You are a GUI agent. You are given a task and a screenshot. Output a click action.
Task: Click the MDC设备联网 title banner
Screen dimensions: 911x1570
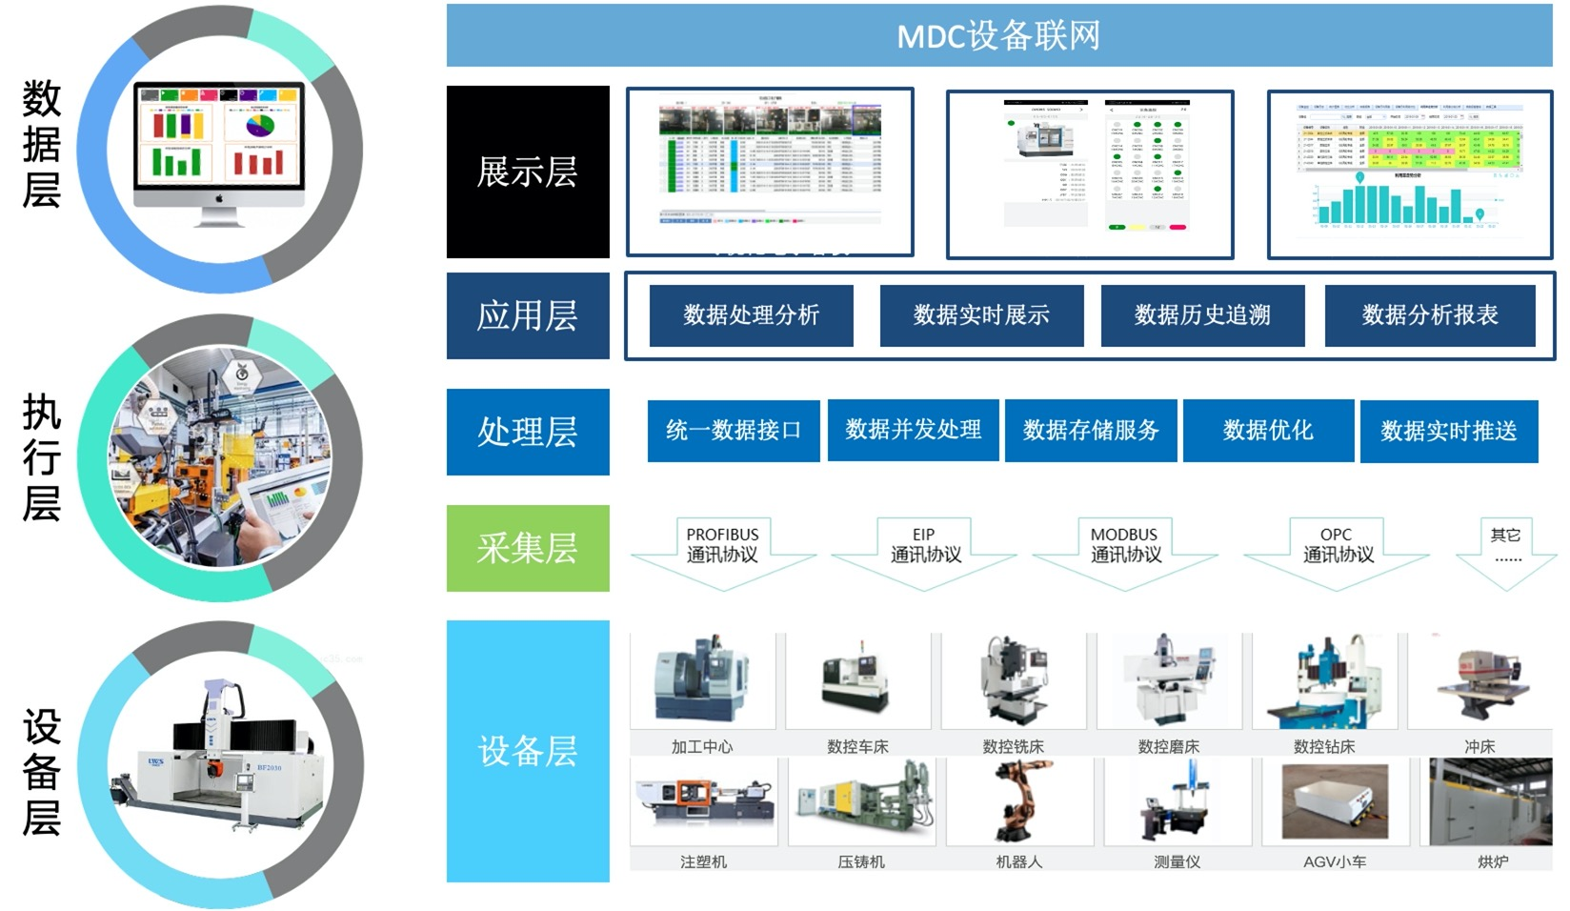pos(998,36)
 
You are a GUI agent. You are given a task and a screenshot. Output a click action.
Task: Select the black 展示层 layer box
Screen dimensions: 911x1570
pos(528,172)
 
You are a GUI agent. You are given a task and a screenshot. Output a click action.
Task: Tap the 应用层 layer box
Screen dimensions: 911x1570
pos(528,316)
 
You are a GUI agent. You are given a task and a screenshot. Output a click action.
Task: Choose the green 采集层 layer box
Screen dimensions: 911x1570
pos(528,548)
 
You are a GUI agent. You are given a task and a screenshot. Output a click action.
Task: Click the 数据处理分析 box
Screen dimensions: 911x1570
pos(751,315)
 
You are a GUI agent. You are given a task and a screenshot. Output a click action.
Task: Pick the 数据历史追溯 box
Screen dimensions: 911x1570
pos(1202,315)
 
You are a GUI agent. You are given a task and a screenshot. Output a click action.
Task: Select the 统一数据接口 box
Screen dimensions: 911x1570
pos(733,431)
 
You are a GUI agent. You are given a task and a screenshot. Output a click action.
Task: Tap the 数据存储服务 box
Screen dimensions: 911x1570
pos(1091,431)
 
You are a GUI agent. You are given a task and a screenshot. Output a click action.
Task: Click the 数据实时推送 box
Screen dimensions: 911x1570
pos(1448,432)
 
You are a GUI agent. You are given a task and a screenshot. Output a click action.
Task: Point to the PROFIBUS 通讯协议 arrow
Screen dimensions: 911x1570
pos(723,550)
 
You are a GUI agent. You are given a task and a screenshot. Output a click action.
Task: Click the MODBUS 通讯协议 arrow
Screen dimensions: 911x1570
pos(1125,550)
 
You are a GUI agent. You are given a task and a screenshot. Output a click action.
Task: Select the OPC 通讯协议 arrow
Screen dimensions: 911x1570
pos(1337,550)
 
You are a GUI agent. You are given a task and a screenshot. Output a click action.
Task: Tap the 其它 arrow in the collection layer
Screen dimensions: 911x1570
pos(1506,550)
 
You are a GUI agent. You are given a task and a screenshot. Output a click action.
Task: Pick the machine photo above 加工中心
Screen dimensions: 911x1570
pos(703,680)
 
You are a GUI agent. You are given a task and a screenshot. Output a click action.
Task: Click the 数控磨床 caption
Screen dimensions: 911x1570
pos(1168,747)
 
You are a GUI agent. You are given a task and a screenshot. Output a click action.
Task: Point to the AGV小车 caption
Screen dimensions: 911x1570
pos(1335,861)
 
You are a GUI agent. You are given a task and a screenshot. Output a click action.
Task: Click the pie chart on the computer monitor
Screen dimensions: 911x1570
pos(259,125)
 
